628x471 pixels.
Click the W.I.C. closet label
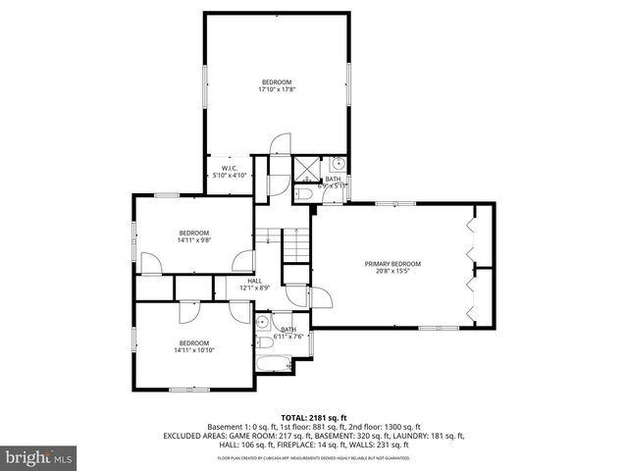[x=231, y=168]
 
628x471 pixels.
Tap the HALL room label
[x=255, y=282]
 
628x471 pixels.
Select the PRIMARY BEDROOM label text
[x=392, y=264]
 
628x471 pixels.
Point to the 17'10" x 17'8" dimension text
[x=277, y=89]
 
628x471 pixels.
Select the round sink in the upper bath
[x=338, y=163]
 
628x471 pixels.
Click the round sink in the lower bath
[x=263, y=322]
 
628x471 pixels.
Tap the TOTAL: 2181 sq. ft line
[x=314, y=417]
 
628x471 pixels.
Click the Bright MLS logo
[x=39, y=456]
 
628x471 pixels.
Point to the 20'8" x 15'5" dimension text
[x=392, y=272]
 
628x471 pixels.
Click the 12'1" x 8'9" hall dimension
[x=255, y=288]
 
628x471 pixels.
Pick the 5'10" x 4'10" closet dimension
[x=230, y=175]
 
